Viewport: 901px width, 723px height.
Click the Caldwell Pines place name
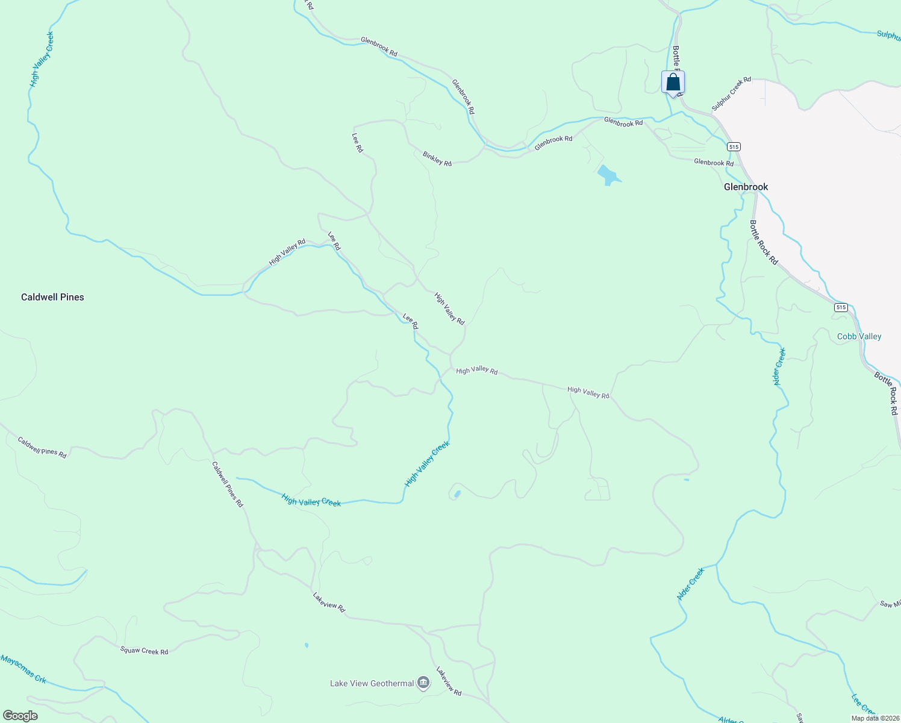pos(52,297)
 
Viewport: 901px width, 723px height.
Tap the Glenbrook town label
pos(746,187)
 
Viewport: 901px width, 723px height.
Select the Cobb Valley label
pos(859,336)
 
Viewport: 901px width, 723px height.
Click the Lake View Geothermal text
pos(372,683)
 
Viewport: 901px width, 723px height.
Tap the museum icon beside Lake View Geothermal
pos(423,683)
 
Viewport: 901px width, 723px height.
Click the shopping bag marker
pos(673,83)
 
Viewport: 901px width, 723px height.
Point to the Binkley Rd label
pos(437,158)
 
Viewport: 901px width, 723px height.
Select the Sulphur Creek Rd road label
pos(731,93)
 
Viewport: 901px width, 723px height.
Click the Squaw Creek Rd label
pos(144,651)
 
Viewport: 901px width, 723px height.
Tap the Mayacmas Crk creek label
pos(23,669)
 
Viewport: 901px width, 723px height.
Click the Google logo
pos(20,715)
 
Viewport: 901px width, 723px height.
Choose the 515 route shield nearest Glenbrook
pos(733,146)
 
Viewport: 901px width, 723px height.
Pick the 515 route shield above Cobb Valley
pos(841,307)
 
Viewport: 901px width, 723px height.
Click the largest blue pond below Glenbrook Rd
pos(608,175)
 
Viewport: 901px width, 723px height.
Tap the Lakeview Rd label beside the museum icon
pos(449,681)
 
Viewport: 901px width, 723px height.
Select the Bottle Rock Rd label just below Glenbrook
pos(764,242)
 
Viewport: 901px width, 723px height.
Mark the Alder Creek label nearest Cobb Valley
pos(779,366)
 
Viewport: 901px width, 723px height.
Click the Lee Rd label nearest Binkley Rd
pos(358,142)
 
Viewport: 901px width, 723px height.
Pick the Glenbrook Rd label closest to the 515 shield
pos(714,163)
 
